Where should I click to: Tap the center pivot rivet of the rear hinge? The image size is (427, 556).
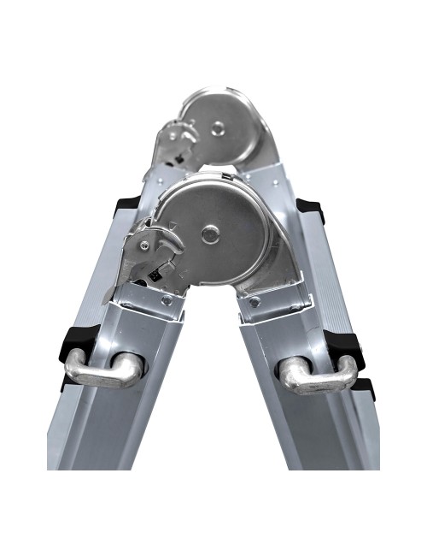[219, 128]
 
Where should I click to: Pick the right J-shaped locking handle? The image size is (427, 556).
[319, 372]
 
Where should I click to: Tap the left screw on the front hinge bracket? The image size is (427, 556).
[167, 300]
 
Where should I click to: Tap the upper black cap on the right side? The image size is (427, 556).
[308, 208]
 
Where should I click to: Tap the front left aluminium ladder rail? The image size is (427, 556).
[111, 428]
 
